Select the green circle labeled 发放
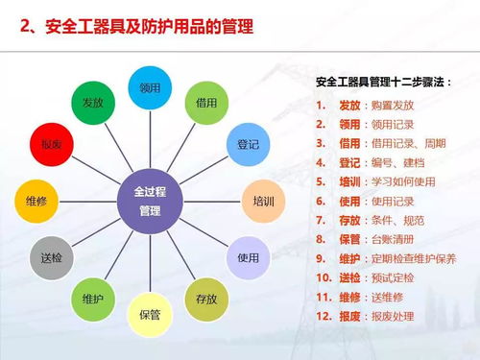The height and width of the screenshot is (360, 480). coord(93,102)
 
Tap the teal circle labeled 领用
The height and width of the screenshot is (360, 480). coord(150,87)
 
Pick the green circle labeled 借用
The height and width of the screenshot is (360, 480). coord(205,102)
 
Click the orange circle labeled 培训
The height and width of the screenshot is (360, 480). coord(262,202)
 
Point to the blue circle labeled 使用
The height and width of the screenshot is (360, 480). coord(248,257)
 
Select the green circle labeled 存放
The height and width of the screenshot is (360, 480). coord(206,299)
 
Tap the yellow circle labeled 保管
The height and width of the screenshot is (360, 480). coord(150,314)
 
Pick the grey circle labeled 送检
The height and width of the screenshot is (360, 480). coord(53,258)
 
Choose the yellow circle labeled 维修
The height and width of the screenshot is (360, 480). coord(37,202)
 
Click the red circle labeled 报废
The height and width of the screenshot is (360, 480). coord(52,145)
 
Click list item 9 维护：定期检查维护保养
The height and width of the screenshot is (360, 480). coord(385,259)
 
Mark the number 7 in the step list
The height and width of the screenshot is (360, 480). coord(320,221)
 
